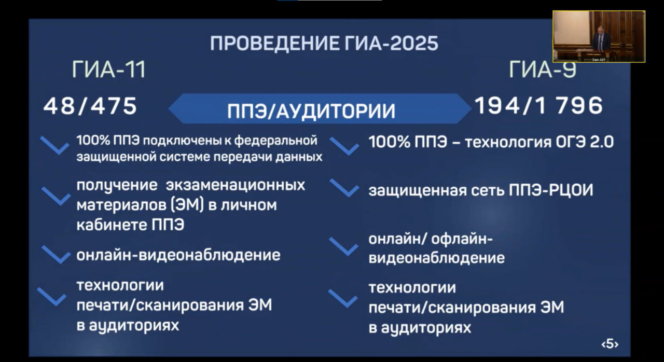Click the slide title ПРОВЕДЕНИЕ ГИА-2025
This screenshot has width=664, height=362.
(x=324, y=44)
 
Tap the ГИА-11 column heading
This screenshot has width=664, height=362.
(x=109, y=69)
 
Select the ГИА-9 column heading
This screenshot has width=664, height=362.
(x=543, y=69)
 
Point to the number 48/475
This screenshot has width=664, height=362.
(x=90, y=106)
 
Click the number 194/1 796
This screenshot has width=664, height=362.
(x=539, y=105)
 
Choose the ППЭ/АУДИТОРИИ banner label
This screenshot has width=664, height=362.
(x=311, y=111)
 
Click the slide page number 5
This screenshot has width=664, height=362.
(x=610, y=344)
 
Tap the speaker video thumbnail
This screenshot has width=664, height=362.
(x=599, y=36)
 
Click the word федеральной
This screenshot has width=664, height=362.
(x=275, y=140)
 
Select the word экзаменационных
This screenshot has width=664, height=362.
(x=236, y=186)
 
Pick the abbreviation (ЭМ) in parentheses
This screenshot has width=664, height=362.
(x=187, y=205)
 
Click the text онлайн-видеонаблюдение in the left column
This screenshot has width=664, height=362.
(x=178, y=255)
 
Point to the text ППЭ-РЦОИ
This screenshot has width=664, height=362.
(x=551, y=190)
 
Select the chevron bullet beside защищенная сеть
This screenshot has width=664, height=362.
(x=344, y=188)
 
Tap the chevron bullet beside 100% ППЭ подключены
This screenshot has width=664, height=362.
(x=55, y=146)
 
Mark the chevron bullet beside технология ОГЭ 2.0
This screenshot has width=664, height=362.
(x=344, y=146)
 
